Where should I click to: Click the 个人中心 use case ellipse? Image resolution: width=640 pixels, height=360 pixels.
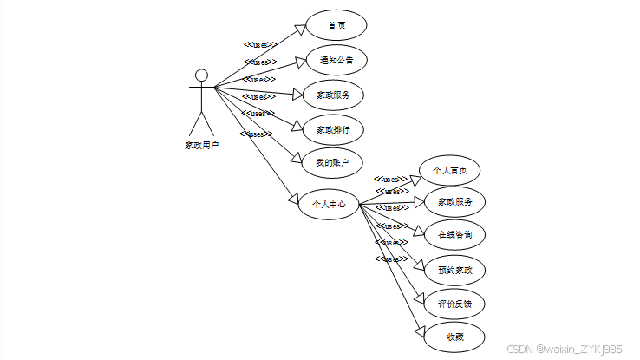click(x=328, y=205)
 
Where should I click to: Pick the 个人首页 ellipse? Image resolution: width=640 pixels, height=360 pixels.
click(x=449, y=170)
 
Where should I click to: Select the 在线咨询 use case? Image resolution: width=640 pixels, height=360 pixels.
click(x=454, y=234)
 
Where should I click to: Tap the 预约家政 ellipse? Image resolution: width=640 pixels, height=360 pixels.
click(x=455, y=271)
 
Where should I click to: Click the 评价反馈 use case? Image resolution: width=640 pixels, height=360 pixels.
click(x=455, y=304)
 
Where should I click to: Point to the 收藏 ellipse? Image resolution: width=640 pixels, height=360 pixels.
click(x=455, y=337)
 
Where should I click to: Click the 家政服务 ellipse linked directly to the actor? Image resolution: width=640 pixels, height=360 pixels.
click(x=332, y=95)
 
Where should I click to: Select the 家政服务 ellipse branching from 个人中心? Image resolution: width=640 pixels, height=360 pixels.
click(x=454, y=201)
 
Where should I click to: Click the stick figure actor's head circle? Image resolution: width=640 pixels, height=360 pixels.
click(x=201, y=75)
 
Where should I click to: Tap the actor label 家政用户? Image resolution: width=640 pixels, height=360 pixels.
click(x=201, y=145)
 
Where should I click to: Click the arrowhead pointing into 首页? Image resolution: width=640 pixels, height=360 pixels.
click(x=299, y=29)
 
